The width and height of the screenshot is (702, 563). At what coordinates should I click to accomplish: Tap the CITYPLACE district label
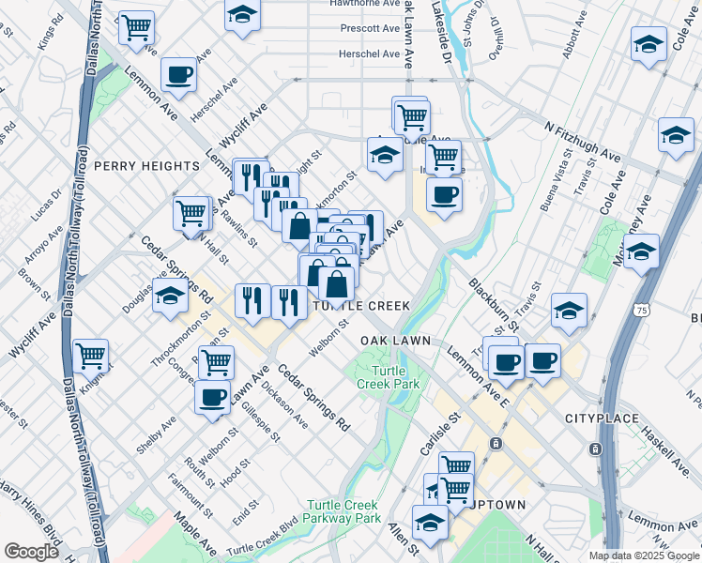(602, 417)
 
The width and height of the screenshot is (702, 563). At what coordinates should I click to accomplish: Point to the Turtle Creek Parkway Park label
(347, 510)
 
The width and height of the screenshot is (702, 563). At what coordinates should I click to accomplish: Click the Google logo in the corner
(31, 552)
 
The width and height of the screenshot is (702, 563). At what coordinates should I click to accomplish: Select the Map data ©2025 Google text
(644, 555)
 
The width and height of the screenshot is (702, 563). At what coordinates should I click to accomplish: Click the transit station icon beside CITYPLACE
(595, 449)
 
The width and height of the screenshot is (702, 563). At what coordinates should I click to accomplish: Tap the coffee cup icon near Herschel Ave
(178, 75)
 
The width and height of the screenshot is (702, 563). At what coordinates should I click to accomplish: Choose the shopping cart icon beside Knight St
(91, 356)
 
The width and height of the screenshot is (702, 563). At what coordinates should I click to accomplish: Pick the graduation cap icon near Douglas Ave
(170, 296)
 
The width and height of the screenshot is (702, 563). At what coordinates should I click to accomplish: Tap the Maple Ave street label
(195, 535)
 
